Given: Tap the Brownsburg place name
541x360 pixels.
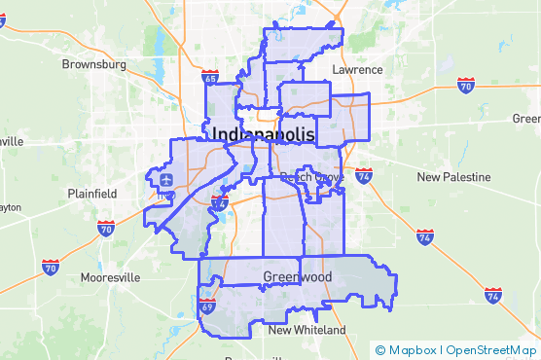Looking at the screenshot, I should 94,64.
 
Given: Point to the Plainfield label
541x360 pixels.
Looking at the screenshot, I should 92,194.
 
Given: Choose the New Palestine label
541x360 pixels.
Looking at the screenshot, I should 455,177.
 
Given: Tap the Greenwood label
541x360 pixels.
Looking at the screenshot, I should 298,277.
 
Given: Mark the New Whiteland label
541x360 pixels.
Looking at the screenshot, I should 307,331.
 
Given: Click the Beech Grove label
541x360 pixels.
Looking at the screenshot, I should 307,177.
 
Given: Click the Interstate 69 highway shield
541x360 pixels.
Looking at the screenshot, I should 207,307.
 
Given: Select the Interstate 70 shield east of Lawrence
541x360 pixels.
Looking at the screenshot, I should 467,86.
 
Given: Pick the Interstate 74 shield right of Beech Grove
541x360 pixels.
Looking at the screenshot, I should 364,176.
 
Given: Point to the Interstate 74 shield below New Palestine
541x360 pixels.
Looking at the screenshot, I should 424,236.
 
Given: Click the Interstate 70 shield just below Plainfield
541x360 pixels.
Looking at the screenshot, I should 106,229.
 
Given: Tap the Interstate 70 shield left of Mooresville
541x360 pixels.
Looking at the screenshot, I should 51,266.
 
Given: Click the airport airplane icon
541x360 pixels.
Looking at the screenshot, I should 165,180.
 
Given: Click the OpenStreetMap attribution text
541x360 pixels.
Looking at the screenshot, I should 490,350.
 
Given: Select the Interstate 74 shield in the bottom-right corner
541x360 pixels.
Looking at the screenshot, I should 493,295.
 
